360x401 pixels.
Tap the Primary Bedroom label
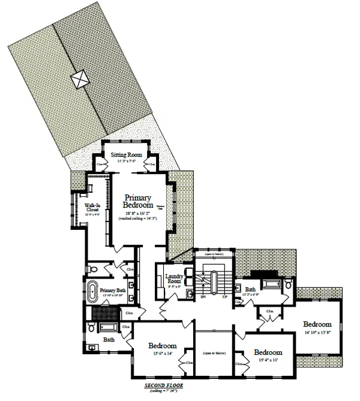coord(137,201)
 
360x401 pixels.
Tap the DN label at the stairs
coord(203,297)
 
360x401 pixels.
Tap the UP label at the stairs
coord(225,297)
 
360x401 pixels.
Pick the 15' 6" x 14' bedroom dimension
coord(161,354)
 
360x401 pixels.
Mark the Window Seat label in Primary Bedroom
coord(160,207)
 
